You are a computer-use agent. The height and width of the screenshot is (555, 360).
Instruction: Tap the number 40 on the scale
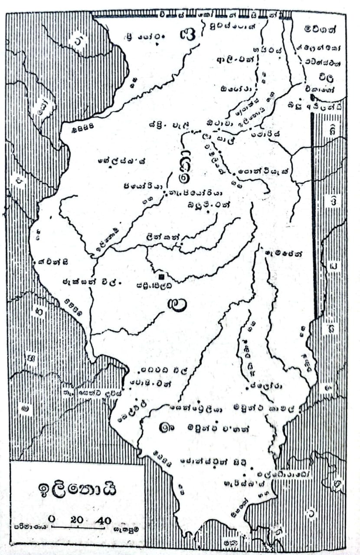[x=105, y=520]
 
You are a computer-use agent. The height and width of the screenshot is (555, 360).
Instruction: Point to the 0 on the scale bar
[x=52, y=520]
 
